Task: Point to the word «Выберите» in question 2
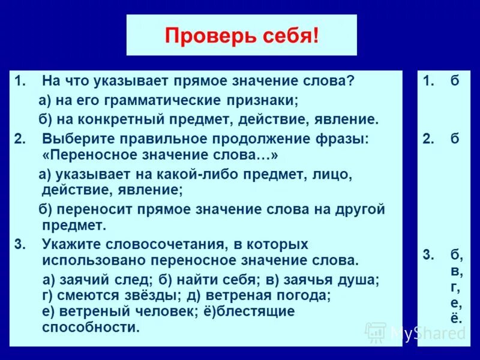(x=74, y=139)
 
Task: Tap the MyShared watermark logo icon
(x=376, y=331)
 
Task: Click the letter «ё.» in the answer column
(x=457, y=317)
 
